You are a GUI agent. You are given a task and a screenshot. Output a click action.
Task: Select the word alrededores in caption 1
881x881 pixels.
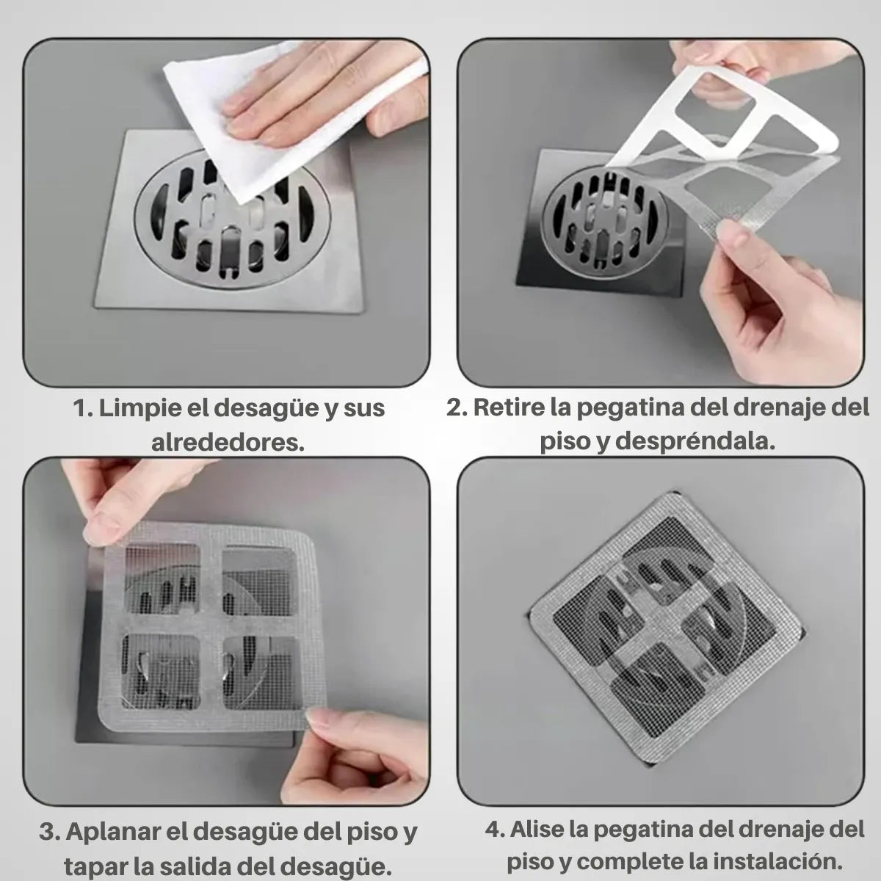coord(228,443)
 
